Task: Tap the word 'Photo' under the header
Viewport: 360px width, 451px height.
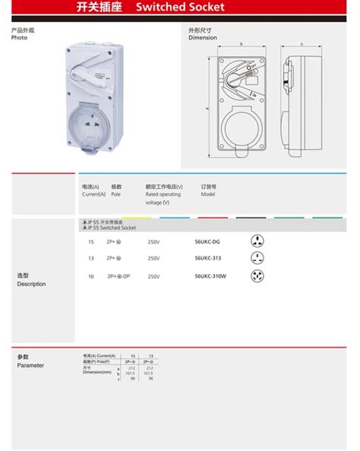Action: [x=20, y=38]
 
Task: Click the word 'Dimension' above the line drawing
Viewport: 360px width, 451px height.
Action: [x=203, y=38]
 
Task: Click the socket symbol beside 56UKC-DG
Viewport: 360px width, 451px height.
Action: [x=257, y=241]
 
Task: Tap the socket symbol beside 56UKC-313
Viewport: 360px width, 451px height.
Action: [x=257, y=259]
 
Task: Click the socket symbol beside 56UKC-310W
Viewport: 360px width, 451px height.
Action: [x=257, y=276]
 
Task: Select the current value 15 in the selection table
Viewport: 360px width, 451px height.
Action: [x=91, y=242]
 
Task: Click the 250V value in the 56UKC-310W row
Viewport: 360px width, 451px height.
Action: [x=154, y=277]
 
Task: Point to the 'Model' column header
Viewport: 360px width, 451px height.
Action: [x=209, y=194]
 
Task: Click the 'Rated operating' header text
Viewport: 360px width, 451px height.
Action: [x=163, y=194]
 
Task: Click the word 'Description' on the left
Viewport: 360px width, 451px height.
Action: [x=31, y=284]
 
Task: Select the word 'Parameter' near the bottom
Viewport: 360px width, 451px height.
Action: [x=30, y=365]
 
